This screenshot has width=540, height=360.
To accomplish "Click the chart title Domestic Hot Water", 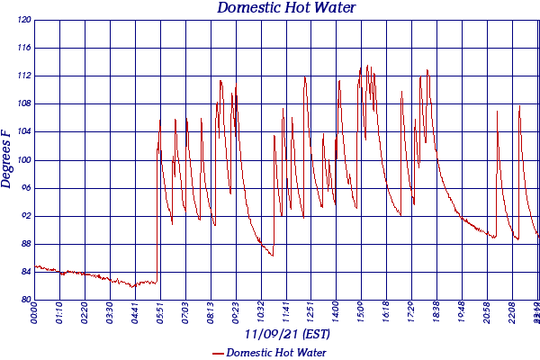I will click(x=286, y=8).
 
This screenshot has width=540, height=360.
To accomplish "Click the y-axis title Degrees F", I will click(x=7, y=158).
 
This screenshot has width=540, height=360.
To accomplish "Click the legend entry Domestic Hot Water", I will click(x=275, y=352).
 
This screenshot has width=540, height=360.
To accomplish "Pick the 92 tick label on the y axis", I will click(x=25, y=216).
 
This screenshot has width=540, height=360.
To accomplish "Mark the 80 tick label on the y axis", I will click(x=25, y=300).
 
